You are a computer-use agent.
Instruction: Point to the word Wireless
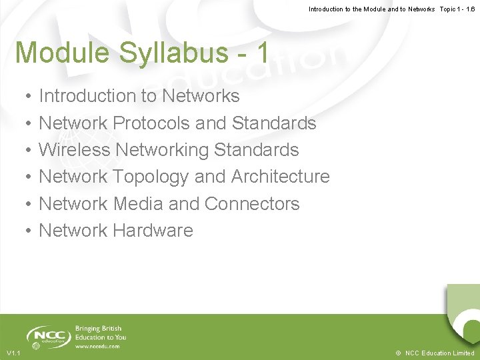pyautogui.click(x=75, y=150)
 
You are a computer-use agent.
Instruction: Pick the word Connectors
pyautogui.click(x=254, y=203)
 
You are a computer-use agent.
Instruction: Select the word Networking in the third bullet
pyautogui.click(x=162, y=150)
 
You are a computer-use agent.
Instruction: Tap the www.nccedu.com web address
pyautogui.click(x=97, y=347)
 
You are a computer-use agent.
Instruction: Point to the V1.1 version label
pyautogui.click(x=13, y=353)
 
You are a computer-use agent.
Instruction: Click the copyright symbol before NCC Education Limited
pyautogui.click(x=398, y=353)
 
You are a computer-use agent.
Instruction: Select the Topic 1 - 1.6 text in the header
pyautogui.click(x=457, y=9)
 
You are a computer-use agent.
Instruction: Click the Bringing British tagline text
pyautogui.click(x=97, y=329)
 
